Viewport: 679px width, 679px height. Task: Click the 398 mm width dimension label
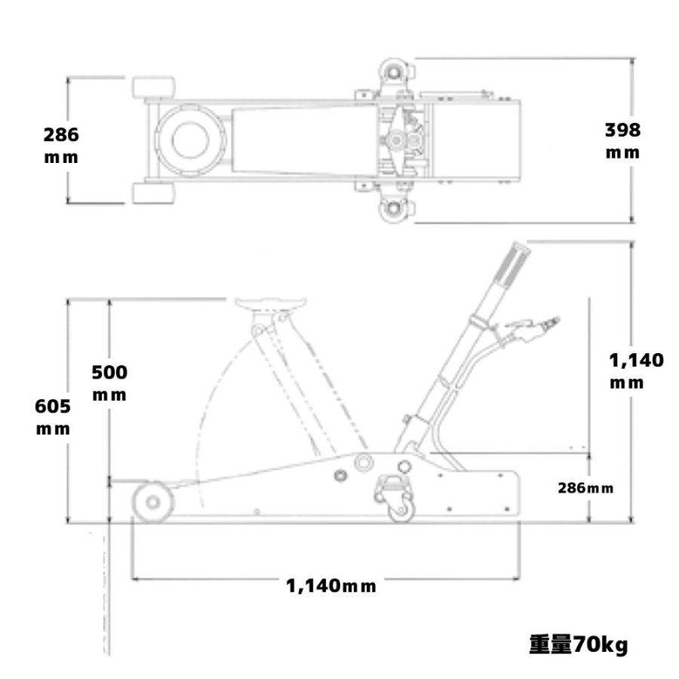coord(622,140)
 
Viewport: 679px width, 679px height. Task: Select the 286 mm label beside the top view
coord(60,146)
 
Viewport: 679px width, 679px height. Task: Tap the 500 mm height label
coord(109,383)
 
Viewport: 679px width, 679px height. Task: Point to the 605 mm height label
coord(54,417)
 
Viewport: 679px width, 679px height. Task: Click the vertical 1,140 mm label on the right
coord(636,370)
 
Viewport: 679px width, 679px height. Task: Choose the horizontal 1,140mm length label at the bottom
coord(330,585)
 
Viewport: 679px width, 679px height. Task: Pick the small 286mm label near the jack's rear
coord(585,487)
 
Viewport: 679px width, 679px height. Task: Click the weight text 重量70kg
coord(578,646)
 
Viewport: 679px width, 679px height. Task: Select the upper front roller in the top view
coord(155,87)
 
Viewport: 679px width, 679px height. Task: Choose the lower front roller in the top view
coord(155,193)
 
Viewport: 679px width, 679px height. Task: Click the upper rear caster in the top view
coord(395,70)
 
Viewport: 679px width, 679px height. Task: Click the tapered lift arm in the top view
coord(302,140)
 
